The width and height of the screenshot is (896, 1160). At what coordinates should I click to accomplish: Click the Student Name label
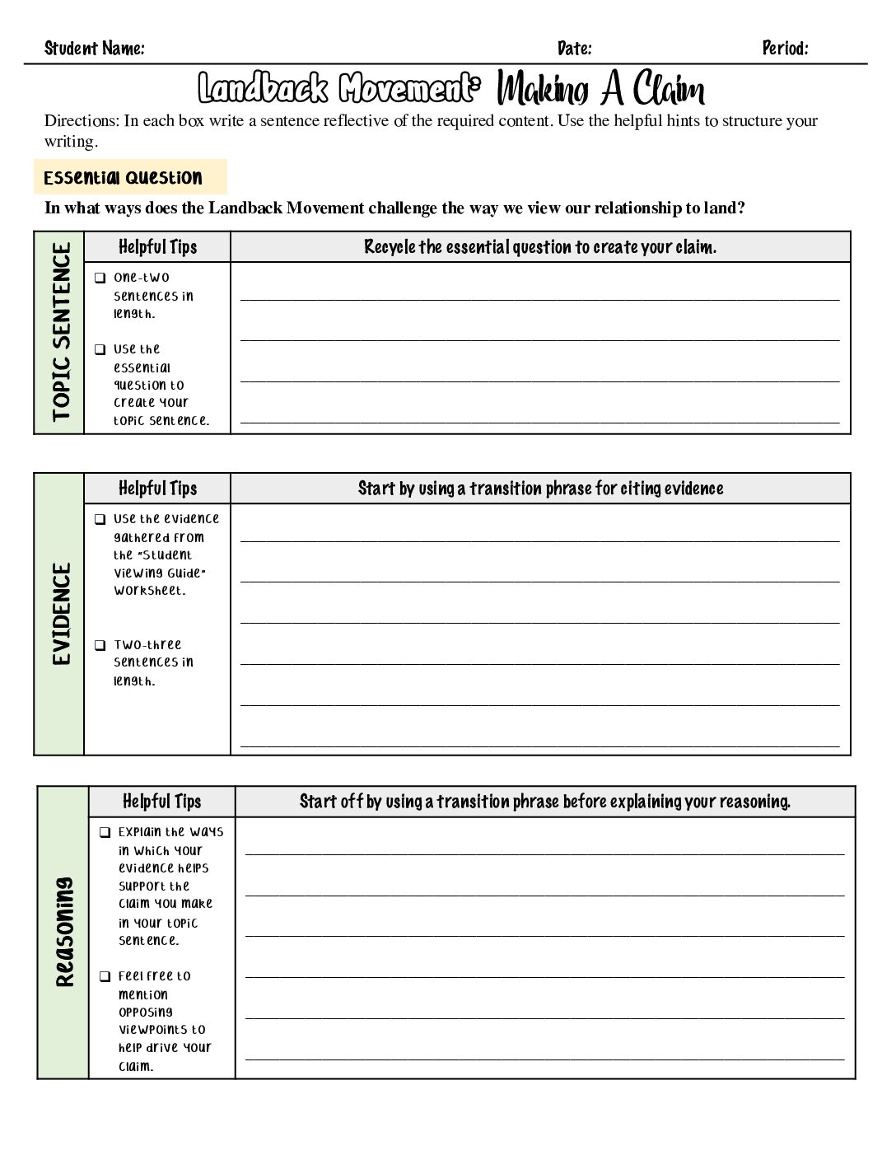(x=94, y=49)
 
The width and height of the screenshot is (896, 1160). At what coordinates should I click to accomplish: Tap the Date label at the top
(x=574, y=49)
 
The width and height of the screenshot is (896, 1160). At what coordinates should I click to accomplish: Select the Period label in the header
(x=785, y=49)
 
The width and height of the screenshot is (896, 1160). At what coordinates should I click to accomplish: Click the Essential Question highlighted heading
(x=123, y=178)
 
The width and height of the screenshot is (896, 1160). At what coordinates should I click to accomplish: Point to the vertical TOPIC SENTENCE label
(x=61, y=332)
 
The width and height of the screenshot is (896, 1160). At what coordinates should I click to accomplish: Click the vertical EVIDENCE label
(x=61, y=614)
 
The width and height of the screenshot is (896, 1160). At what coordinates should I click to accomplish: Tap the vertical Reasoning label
(x=64, y=932)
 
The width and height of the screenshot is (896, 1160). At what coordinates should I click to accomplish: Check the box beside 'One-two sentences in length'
(x=100, y=278)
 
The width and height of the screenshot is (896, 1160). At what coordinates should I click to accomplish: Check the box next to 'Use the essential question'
(x=100, y=349)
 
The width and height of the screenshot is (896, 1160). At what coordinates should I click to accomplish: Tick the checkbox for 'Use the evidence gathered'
(x=100, y=519)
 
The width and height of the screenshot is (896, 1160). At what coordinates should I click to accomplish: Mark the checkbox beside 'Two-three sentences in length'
(x=100, y=645)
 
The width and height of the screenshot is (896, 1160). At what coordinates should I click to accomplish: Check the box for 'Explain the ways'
(x=105, y=832)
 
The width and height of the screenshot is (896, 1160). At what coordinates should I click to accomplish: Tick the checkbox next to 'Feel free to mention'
(x=105, y=976)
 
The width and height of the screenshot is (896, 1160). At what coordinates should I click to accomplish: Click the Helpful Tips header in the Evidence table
(x=157, y=489)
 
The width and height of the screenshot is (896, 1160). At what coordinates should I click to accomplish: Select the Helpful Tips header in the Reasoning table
(x=161, y=802)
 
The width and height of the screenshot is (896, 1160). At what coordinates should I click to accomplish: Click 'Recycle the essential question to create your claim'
(x=540, y=247)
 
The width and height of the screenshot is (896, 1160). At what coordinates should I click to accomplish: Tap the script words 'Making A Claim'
(x=601, y=89)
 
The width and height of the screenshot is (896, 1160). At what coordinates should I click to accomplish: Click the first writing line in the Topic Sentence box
(x=539, y=298)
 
